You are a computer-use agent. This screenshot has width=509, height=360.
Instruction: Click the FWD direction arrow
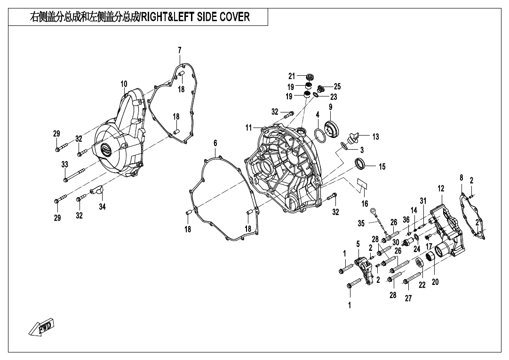tap(41, 327)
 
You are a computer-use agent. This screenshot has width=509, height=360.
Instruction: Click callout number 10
tap(124, 84)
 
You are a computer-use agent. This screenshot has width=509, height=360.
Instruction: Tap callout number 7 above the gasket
tap(180, 50)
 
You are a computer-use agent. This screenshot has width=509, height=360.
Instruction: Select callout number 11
tap(249, 128)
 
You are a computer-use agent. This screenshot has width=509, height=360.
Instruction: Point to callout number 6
tap(215, 143)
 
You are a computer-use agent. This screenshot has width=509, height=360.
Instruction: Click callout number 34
tap(102, 207)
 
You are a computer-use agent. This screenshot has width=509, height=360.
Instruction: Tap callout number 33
tap(65, 165)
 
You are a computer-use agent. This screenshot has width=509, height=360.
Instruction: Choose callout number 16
tap(365, 204)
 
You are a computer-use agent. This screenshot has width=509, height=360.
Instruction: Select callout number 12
tap(441, 189)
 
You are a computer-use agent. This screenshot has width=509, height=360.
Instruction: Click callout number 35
tap(361, 224)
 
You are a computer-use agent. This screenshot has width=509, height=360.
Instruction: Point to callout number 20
tap(435, 282)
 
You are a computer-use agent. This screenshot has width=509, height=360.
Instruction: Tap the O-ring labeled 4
tap(320, 136)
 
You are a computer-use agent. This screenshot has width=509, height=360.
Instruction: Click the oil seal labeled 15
tap(360, 163)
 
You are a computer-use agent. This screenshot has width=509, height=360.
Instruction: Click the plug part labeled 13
tap(352, 138)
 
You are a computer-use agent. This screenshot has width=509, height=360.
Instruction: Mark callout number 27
tap(408, 298)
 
